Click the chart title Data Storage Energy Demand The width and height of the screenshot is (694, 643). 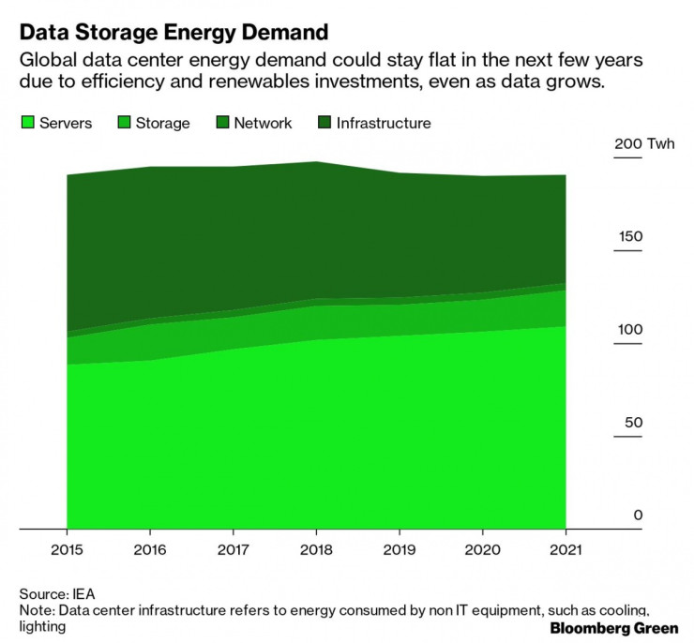tap(173, 33)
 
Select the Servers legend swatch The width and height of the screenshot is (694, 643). tap(26, 123)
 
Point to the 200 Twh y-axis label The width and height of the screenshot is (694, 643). tap(643, 144)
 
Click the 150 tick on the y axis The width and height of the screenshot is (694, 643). tap(628, 236)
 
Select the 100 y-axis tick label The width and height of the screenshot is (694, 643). tap(628, 329)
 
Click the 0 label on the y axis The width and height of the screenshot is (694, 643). tap(637, 515)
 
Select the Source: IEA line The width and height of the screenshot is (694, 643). tap(57, 593)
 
